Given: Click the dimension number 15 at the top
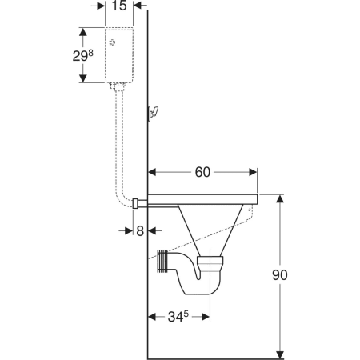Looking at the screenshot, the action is [x=119, y=6].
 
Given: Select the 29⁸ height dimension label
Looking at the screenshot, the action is [x=83, y=55].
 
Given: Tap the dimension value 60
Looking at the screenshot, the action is [x=202, y=172].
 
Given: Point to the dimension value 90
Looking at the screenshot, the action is [x=280, y=275].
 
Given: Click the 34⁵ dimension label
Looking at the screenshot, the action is [x=178, y=317].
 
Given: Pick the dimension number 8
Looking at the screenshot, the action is [x=140, y=231].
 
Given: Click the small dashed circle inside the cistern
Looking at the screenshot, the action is [x=113, y=42].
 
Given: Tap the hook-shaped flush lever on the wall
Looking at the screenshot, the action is [x=153, y=114].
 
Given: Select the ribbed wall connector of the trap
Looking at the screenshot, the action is [x=162, y=262].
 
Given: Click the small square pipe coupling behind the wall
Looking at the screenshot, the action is [x=135, y=203].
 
